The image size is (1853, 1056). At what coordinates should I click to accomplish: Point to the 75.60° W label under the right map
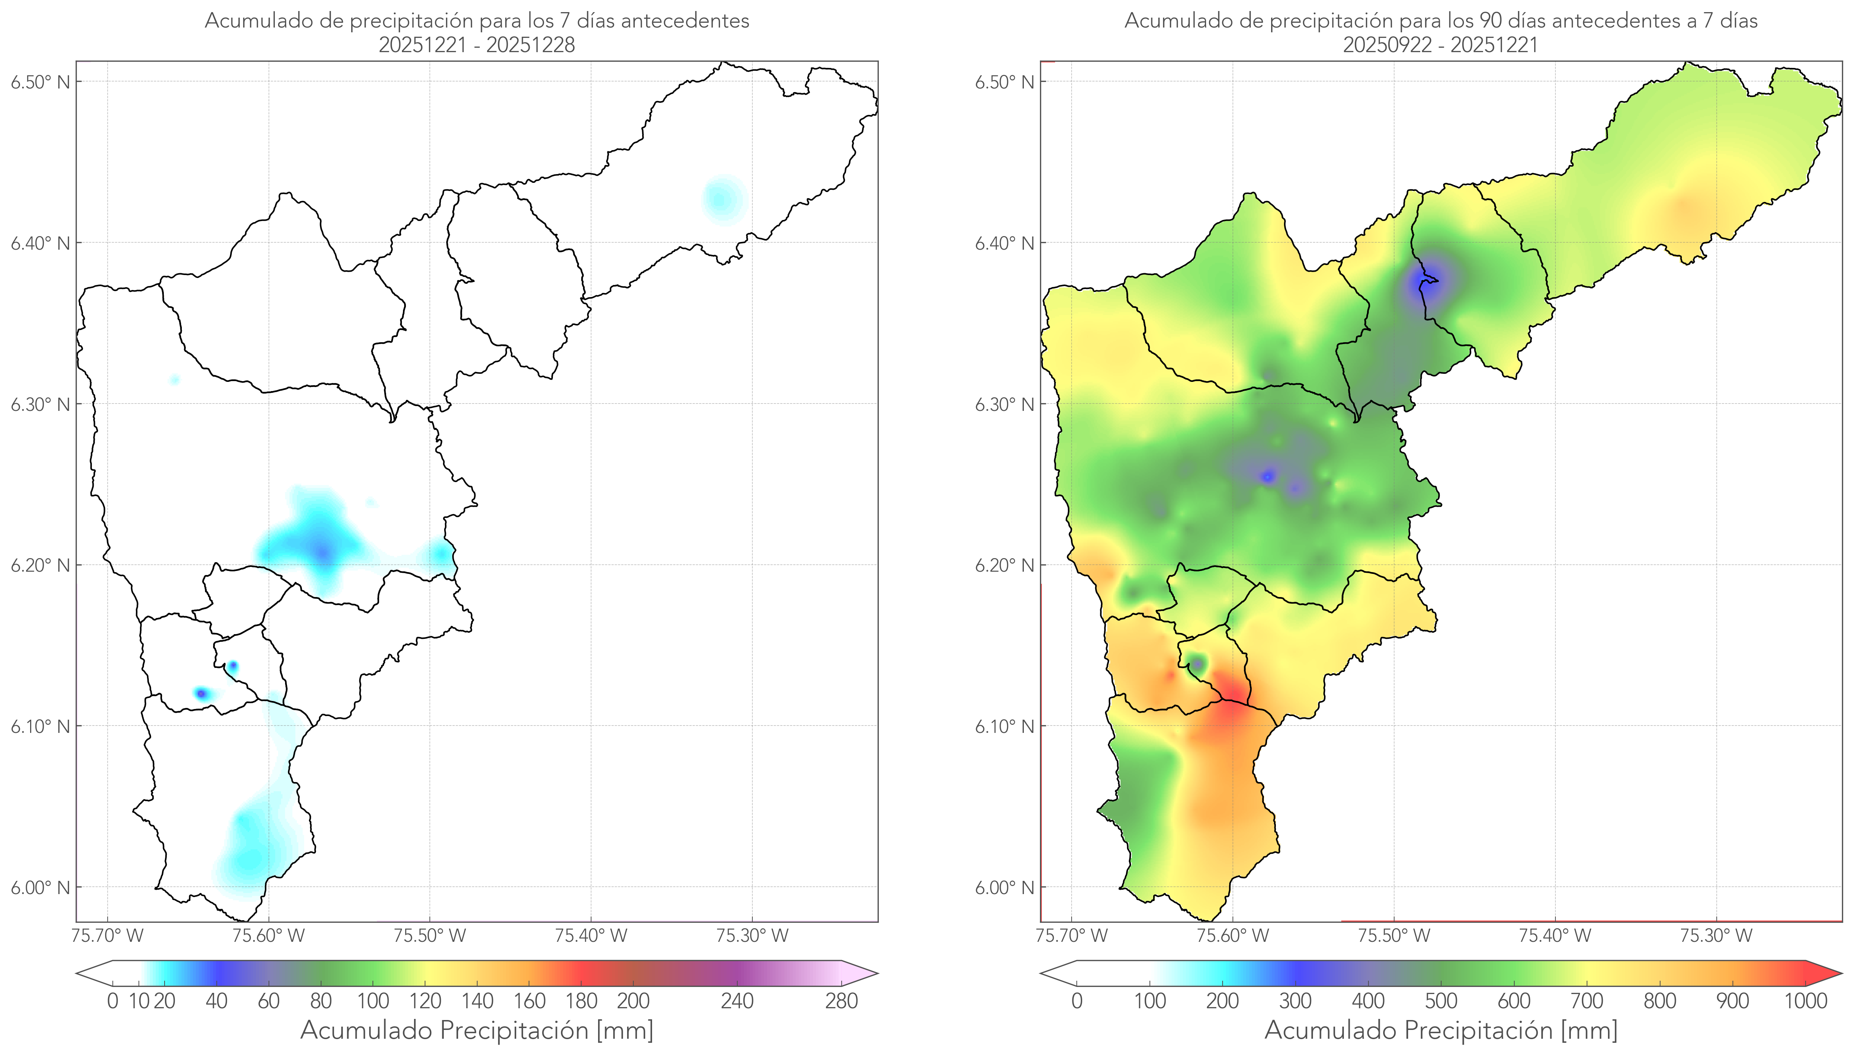point(1233,936)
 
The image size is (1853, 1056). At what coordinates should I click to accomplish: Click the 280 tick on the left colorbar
point(842,1001)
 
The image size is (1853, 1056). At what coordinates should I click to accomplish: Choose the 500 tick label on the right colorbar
point(1441,1001)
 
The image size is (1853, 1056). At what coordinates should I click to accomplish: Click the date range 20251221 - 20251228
point(477,45)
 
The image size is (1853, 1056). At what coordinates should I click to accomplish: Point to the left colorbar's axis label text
point(477,1030)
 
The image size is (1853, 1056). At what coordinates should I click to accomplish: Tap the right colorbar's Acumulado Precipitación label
point(1441,1030)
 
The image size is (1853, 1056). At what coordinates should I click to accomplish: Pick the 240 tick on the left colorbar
point(737,1001)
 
